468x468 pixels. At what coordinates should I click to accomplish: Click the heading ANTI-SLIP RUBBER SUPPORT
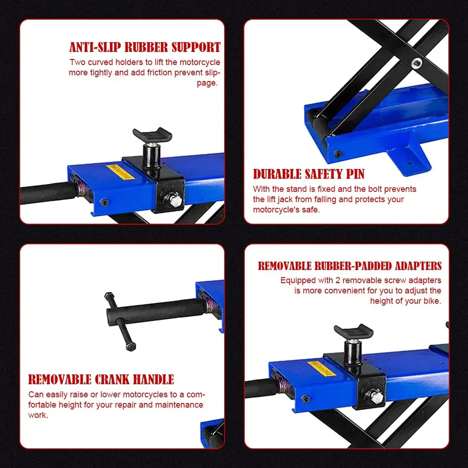click(145, 47)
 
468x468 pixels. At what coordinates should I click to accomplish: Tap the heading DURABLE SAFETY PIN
click(309, 174)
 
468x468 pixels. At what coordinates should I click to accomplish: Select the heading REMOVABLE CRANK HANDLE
click(101, 380)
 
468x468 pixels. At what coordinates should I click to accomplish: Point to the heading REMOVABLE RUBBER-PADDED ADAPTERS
click(350, 266)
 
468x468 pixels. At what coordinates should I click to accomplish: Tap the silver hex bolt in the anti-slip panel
click(174, 200)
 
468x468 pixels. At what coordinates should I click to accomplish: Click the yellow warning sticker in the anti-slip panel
click(120, 172)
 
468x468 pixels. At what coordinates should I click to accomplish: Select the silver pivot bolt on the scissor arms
click(417, 63)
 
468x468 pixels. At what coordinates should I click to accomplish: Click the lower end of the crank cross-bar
click(131, 346)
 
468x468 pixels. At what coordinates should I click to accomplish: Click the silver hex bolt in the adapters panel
click(374, 397)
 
